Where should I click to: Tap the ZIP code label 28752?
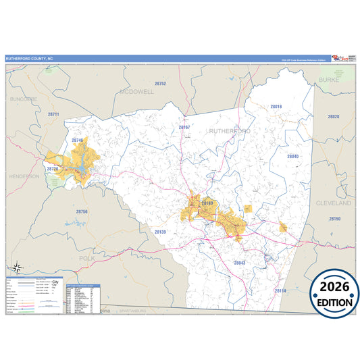point(160,83)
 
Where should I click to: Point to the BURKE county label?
point(329,79)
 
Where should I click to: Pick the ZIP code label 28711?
point(54,114)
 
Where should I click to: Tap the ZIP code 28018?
point(276,107)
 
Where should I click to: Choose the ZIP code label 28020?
point(333,117)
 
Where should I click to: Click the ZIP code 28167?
point(184,127)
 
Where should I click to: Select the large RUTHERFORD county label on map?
point(230,130)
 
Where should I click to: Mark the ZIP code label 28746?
point(78,140)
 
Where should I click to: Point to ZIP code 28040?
point(292,156)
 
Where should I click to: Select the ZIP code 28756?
point(81,211)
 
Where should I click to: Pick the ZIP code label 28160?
point(207,203)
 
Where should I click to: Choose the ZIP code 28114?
point(280,290)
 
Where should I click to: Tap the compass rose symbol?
point(19,266)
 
